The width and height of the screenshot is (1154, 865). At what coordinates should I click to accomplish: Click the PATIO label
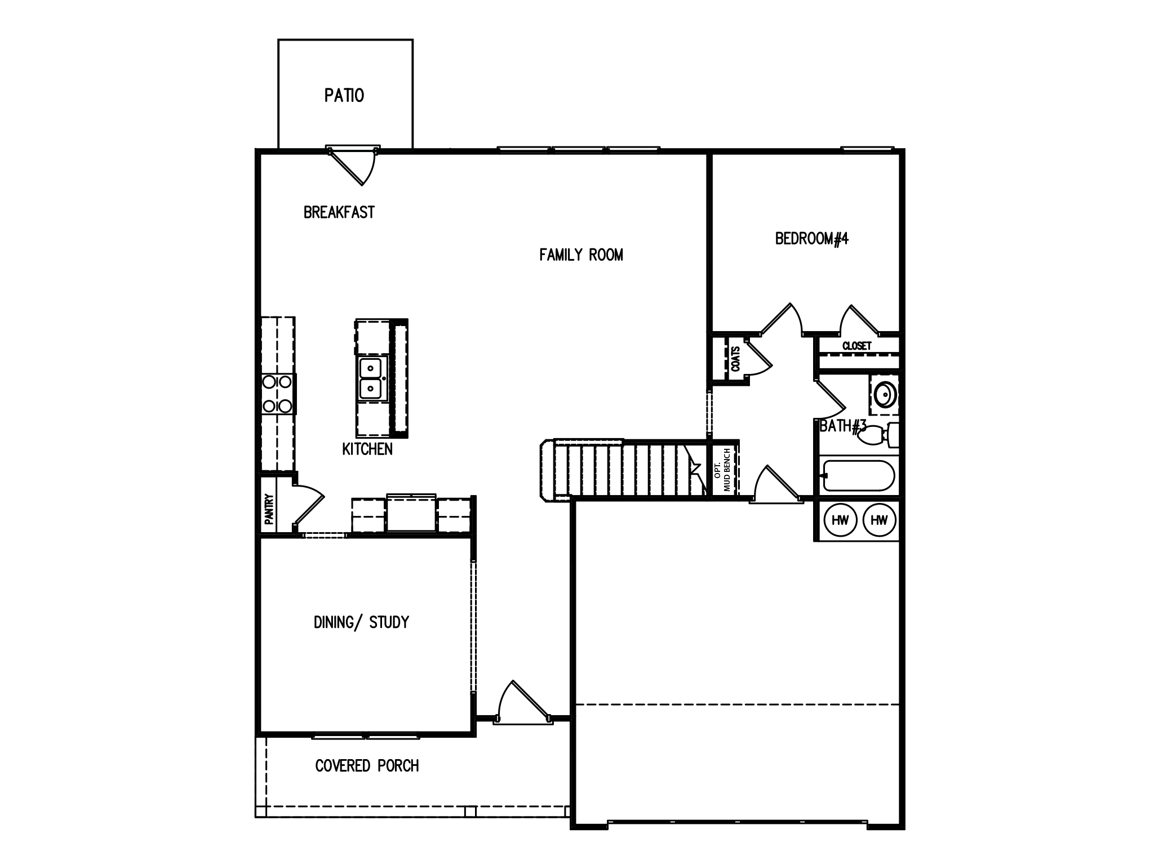pyautogui.click(x=344, y=96)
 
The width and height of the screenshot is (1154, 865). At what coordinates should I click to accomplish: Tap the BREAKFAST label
pyautogui.click(x=339, y=212)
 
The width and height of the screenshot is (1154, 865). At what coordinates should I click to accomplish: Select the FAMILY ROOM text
pyautogui.click(x=581, y=255)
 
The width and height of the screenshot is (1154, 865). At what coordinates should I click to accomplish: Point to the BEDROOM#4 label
pyautogui.click(x=811, y=239)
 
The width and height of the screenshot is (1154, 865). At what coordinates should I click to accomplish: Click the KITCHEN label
pyautogui.click(x=367, y=449)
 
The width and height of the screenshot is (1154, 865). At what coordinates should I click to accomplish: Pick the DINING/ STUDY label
pyautogui.click(x=361, y=622)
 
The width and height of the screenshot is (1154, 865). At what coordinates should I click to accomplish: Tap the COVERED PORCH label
pyautogui.click(x=367, y=766)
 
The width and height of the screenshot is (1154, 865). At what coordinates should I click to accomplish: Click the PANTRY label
pyautogui.click(x=269, y=509)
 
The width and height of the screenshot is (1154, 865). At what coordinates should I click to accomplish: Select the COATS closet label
pyautogui.click(x=735, y=359)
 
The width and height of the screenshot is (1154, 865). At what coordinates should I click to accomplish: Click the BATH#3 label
pyautogui.click(x=842, y=426)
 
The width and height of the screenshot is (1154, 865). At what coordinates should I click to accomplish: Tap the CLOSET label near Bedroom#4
pyautogui.click(x=856, y=346)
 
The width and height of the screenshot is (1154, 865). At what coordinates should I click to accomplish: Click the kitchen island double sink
pyautogui.click(x=370, y=378)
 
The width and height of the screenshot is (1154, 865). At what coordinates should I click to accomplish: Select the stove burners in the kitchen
pyautogui.click(x=277, y=394)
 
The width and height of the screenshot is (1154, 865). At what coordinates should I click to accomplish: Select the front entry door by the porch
pyautogui.click(x=522, y=704)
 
